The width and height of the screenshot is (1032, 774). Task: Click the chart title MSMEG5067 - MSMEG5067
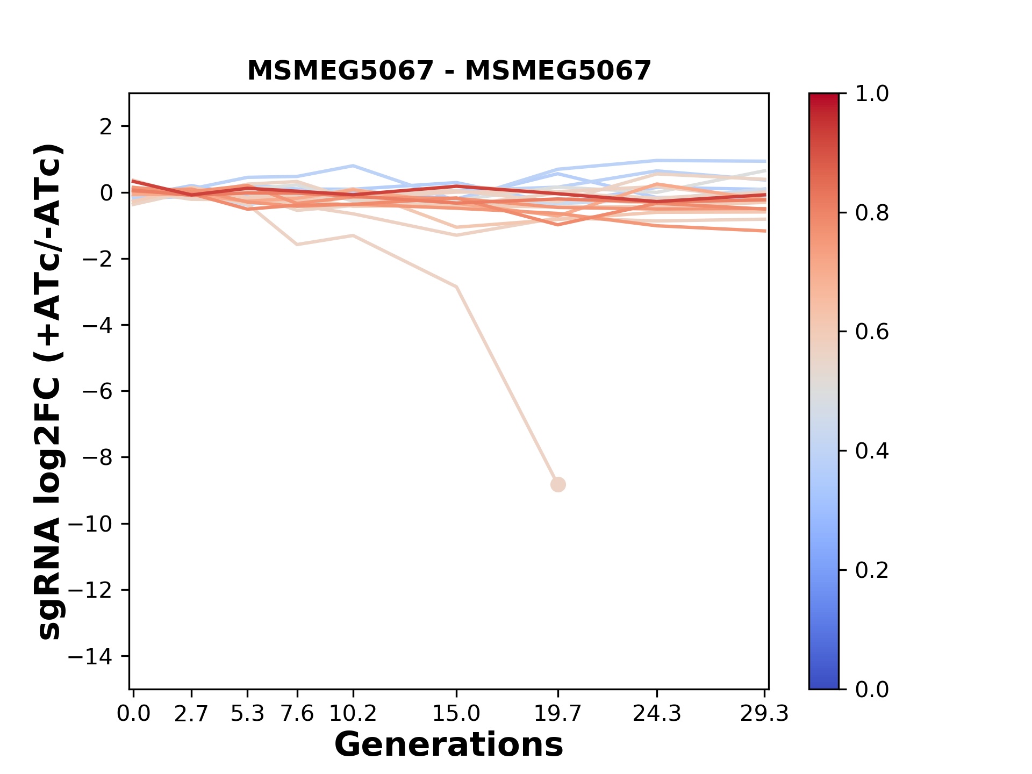(449, 70)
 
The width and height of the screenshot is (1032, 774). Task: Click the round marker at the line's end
(558, 484)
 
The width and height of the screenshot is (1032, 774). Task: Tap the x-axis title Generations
(449, 745)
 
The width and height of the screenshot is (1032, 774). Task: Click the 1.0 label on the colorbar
(872, 94)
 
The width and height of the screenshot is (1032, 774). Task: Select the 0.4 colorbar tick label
(872, 451)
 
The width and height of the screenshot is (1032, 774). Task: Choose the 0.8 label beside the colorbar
(872, 213)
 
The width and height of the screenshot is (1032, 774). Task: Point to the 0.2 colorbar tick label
(872, 570)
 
